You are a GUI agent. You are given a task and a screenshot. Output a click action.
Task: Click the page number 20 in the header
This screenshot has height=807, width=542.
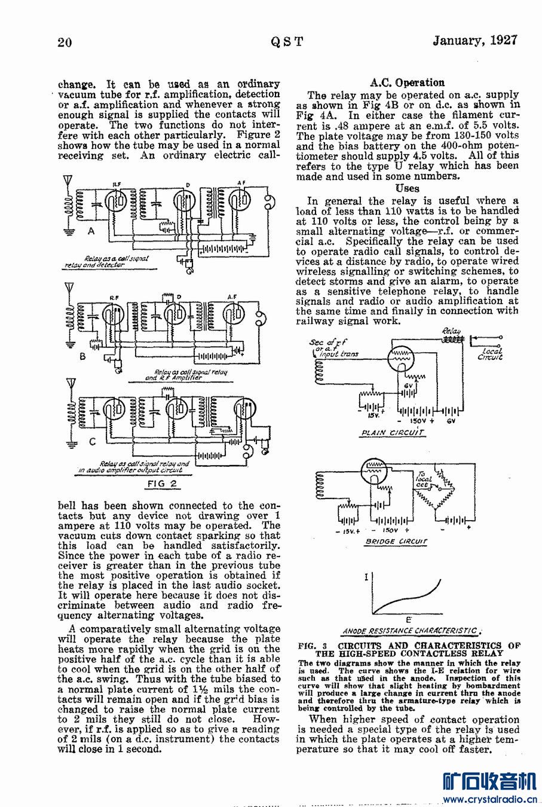point(65,42)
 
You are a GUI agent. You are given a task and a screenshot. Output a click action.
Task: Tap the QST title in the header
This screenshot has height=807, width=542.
point(287,42)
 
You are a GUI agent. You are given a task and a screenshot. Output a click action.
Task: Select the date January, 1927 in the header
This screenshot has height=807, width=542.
point(474,41)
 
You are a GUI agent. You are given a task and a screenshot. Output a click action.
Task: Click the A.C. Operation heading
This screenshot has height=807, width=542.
point(407,82)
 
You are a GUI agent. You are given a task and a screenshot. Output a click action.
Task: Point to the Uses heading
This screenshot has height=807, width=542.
point(407,188)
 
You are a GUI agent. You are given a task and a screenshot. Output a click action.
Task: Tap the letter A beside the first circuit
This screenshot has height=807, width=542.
point(91,231)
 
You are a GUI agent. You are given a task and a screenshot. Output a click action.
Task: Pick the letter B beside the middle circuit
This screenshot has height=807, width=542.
point(83,357)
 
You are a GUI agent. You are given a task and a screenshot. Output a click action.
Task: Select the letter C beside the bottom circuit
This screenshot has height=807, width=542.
point(91,442)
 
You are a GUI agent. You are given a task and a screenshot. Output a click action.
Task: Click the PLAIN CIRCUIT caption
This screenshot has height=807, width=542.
point(392,432)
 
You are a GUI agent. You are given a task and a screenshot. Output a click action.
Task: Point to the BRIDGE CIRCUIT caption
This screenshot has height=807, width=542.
point(396,542)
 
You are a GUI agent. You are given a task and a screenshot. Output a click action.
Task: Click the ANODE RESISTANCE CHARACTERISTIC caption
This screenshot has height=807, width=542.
point(410,631)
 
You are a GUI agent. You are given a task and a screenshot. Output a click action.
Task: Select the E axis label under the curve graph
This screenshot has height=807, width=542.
point(408,619)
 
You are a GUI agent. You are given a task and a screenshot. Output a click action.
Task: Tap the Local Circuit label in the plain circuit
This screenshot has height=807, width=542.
point(491,354)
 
